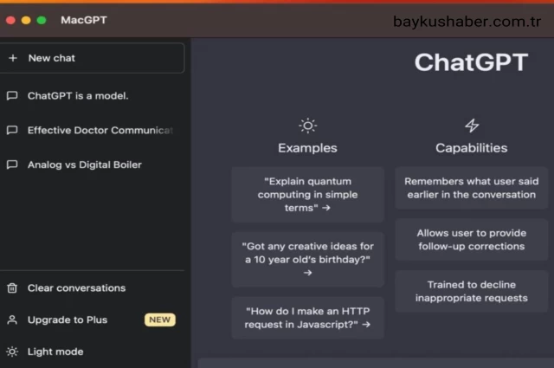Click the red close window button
(11, 20)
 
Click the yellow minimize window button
(26, 20)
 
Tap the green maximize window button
(41, 20)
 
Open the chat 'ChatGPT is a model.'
(78, 95)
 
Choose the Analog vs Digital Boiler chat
(84, 165)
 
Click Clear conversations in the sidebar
(76, 287)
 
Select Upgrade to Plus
(68, 320)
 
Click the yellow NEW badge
(159, 320)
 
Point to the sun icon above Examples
(307, 126)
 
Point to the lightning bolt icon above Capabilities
(472, 126)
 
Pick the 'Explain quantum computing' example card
(307, 195)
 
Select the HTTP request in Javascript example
(307, 318)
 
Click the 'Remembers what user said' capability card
(472, 188)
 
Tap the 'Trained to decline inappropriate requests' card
(472, 291)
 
